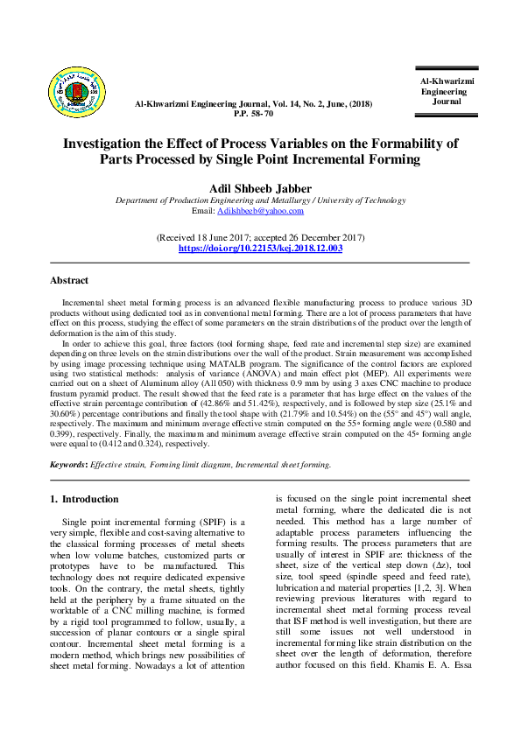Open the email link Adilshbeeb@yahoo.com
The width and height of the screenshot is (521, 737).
(x=261, y=211)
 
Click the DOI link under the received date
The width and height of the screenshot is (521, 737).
(x=260, y=249)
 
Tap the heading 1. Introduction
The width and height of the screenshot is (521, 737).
(x=84, y=499)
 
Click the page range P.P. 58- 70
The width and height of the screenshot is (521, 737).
(x=253, y=114)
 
